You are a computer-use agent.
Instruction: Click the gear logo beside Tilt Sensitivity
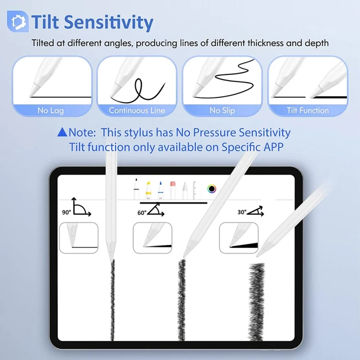tap(18, 21)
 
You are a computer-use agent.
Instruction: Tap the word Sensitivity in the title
tap(108, 22)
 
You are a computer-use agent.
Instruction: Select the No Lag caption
tap(51, 110)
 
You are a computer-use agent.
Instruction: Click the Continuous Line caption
tap(137, 110)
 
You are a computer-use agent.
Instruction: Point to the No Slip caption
tap(222, 110)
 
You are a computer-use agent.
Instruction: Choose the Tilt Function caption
tap(308, 110)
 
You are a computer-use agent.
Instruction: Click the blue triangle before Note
tap(62, 132)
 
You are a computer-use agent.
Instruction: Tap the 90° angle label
tap(66, 212)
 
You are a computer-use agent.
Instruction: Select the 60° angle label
tap(142, 213)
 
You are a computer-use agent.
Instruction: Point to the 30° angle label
tap(242, 212)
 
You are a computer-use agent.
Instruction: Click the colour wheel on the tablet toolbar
tap(212, 189)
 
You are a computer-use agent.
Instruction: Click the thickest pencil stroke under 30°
tap(257, 301)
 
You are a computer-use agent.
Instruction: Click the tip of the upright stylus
tap(112, 262)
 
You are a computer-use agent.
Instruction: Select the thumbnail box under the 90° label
tap(79, 238)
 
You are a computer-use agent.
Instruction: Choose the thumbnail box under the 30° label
tap(239, 238)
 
